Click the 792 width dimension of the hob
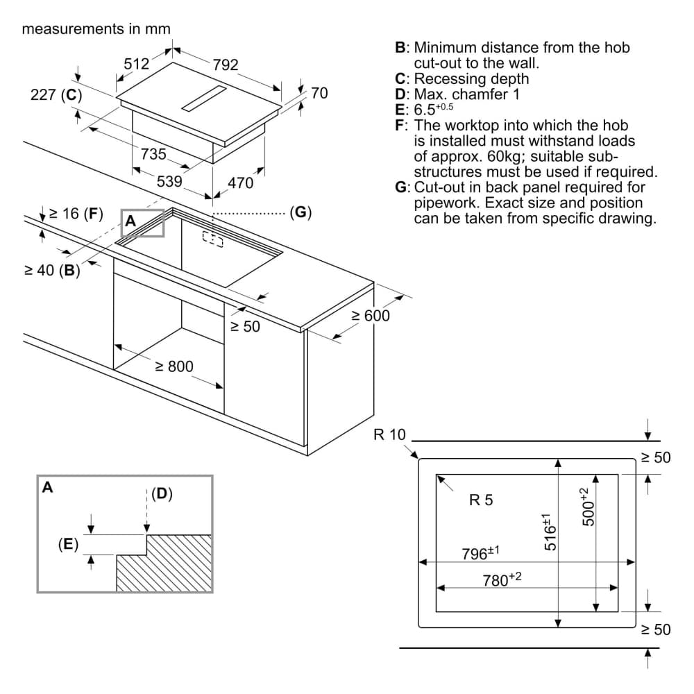pos(226,65)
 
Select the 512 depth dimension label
pos(137,64)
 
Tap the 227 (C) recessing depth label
pos(56,96)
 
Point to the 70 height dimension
pos(319,93)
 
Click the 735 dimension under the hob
pos(153,154)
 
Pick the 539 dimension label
pos(169,182)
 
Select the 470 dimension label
pos(241,184)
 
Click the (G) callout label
pos(301,212)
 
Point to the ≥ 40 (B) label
pos(53,271)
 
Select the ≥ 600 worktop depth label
pos(370,316)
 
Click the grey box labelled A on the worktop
pos(142,222)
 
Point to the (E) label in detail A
pos(68,544)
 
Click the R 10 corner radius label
pos(389,435)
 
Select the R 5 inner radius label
pos(481,500)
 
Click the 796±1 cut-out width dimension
pos(481,553)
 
